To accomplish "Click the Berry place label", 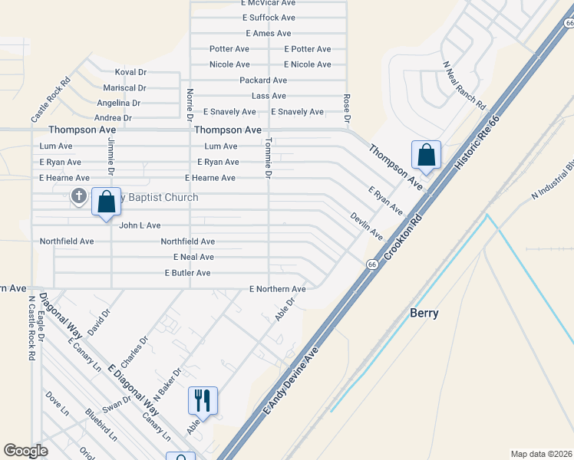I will coord(424,313).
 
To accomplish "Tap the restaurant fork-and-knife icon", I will coord(203,400).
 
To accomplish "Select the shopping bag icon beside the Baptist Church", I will coord(106,202).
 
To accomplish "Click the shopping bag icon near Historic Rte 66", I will coord(426,155).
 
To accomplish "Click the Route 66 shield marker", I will coord(372,264).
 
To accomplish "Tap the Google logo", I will coord(25,451).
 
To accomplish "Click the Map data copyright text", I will coord(541,454).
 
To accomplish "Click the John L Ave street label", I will coord(140,225).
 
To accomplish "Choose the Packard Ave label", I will coord(263,80).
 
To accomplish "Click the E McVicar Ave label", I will coord(269,3).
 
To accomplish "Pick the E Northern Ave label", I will coord(277,289).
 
